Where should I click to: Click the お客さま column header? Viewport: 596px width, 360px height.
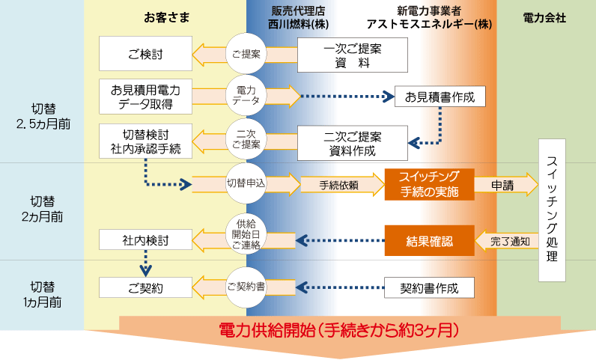pyautogui.click(x=165, y=17)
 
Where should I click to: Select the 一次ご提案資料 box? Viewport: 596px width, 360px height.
pyautogui.click(x=353, y=55)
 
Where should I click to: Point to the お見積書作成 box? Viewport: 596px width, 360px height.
pyautogui.click(x=440, y=97)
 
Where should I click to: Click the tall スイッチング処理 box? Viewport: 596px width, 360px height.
pyautogui.click(x=552, y=210)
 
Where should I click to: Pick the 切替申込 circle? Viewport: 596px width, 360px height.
pyautogui.click(x=246, y=183)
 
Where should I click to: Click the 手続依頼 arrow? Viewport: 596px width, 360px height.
pyautogui.click(x=338, y=184)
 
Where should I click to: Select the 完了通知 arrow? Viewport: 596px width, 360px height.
pyautogui.click(x=509, y=241)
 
